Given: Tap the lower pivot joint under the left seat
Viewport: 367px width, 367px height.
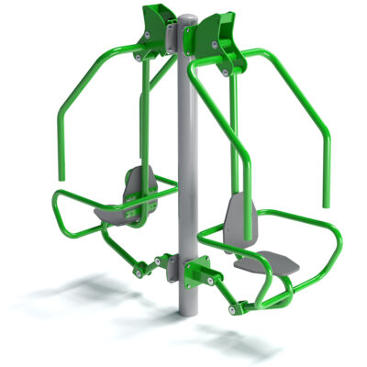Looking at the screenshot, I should click(141, 268).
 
